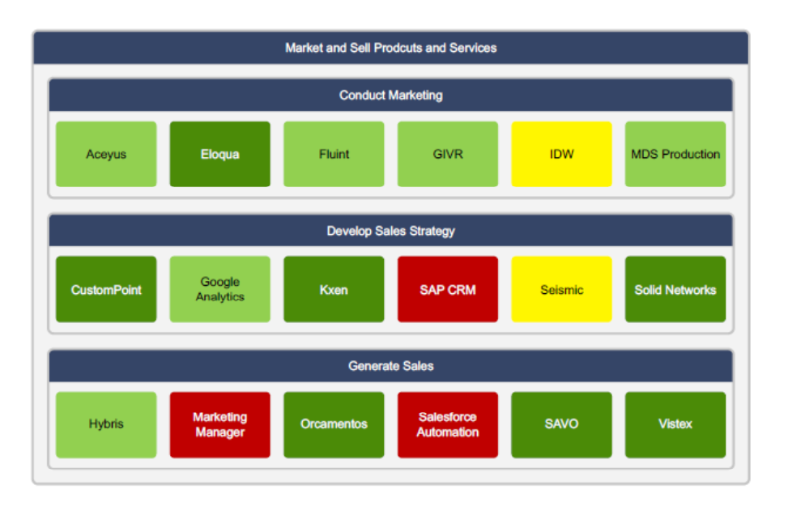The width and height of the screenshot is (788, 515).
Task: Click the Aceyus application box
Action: click(106, 154)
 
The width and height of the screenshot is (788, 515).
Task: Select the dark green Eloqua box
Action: click(219, 154)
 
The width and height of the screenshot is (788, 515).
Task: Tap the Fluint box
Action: click(334, 154)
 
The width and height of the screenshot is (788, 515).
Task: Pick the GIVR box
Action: click(448, 154)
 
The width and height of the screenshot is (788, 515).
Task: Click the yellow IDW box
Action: click(561, 154)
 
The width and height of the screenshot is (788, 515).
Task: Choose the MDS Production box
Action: click(675, 154)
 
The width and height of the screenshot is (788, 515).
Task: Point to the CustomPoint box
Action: click(106, 289)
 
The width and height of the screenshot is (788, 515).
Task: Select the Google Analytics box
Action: click(219, 289)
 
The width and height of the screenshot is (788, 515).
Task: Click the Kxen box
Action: click(334, 289)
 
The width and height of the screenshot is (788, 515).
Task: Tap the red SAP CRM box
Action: click(448, 289)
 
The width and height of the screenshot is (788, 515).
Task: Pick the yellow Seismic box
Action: click(561, 289)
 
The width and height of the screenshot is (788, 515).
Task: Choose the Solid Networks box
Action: click(675, 289)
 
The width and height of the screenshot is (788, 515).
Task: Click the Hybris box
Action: click(106, 424)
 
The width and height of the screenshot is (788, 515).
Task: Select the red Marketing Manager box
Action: click(219, 424)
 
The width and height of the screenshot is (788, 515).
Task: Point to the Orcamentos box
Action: click(334, 424)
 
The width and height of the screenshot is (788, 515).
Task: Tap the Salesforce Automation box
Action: click(448, 424)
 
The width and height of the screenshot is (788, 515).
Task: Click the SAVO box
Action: click(561, 424)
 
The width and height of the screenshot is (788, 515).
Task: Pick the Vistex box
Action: click(675, 424)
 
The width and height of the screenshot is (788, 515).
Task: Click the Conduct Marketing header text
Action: click(390, 96)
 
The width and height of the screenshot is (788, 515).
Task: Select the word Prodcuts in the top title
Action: click(398, 48)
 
